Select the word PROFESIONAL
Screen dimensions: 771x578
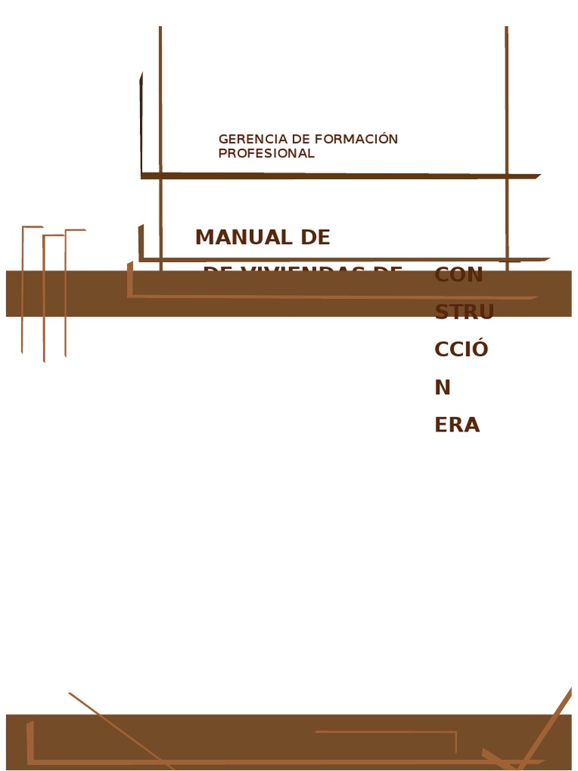coord(266,154)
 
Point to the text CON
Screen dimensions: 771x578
coord(458,275)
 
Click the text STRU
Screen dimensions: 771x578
coord(464,312)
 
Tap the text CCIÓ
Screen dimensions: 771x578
coord(461,349)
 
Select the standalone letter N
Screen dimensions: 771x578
coord(443,388)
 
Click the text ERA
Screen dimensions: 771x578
coord(457,425)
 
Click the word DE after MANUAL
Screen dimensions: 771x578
coord(315,237)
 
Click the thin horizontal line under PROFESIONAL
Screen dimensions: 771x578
coord(339,176)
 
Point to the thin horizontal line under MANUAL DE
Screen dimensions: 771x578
coord(339,259)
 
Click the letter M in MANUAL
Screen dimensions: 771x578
coord(204,237)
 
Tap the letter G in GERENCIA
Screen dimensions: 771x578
coord(223,139)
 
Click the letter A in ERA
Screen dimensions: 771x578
coord(472,425)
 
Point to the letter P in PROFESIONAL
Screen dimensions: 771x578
coord(222,154)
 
